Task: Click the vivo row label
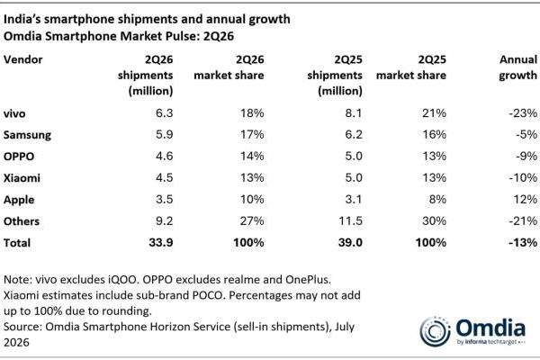click(x=14, y=113)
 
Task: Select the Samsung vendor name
click(x=27, y=135)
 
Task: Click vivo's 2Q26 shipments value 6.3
click(x=165, y=113)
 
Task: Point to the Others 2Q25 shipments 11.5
click(x=351, y=220)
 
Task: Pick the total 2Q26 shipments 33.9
click(x=161, y=242)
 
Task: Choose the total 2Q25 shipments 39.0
click(x=350, y=242)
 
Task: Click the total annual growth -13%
click(x=523, y=242)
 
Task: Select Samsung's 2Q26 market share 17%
click(x=252, y=134)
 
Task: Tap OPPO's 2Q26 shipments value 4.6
click(x=165, y=156)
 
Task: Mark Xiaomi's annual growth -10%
click(x=523, y=178)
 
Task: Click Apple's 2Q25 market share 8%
click(x=437, y=199)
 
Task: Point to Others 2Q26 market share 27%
click(x=252, y=220)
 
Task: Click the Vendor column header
click(x=23, y=59)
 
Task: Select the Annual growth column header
click(x=518, y=67)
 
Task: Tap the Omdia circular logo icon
click(x=435, y=332)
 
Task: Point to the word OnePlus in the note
click(x=308, y=279)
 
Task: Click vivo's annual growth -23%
click(x=523, y=113)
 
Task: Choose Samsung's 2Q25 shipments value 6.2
click(x=354, y=134)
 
